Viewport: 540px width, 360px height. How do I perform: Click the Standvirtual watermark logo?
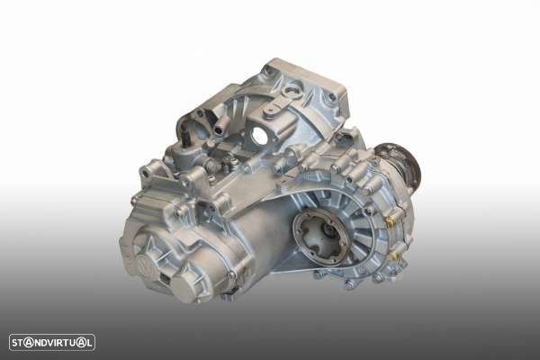pyautogui.click(x=52, y=342)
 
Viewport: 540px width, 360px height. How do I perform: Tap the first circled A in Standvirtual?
pyautogui.click(x=30, y=343)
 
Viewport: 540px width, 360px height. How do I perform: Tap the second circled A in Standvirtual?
pyautogui.click(x=81, y=343)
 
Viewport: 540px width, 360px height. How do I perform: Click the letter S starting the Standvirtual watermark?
pyautogui.click(x=14, y=343)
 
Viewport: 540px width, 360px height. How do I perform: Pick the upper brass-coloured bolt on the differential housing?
pyautogui.click(x=391, y=220)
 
